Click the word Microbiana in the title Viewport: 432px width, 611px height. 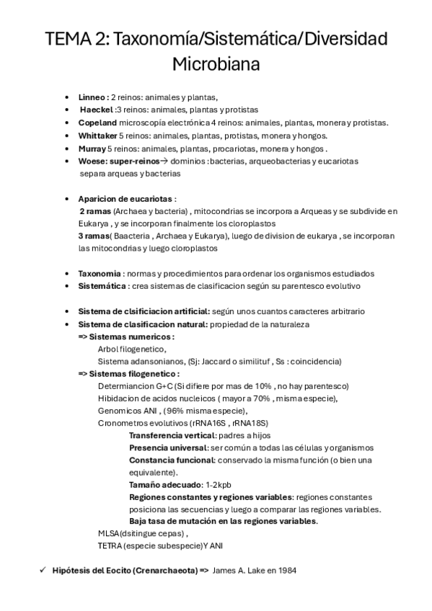pos(216,64)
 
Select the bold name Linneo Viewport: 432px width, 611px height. pos(92,97)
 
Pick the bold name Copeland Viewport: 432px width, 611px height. pos(97,122)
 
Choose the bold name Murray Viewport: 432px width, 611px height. pos(92,148)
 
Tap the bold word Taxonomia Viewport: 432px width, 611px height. pos(99,274)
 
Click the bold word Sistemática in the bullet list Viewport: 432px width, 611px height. pos(102,286)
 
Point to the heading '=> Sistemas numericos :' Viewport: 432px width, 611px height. pos(126,336)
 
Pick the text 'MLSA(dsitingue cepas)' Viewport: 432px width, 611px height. pos(142,534)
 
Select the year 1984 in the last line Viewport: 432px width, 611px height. pos(285,571)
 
